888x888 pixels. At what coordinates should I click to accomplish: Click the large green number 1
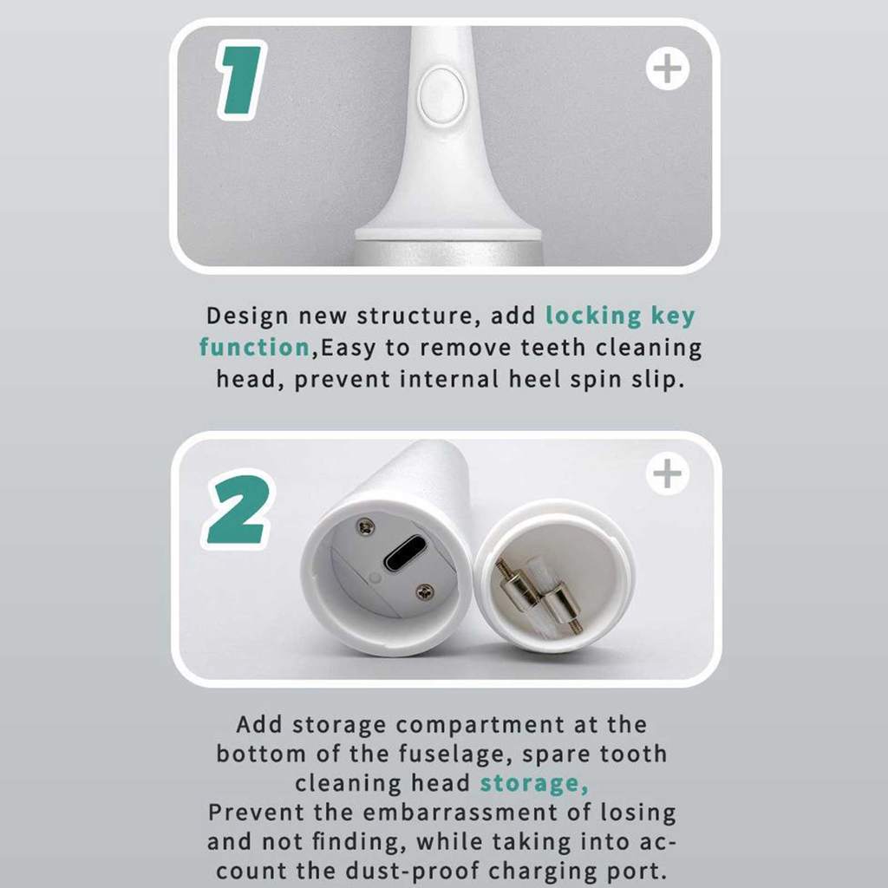tap(242, 80)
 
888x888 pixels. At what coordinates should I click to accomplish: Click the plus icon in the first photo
tap(668, 69)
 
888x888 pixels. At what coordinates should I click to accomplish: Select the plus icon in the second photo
tap(668, 473)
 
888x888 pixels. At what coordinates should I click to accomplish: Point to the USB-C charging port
tap(404, 553)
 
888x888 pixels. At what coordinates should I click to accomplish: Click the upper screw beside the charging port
tap(365, 526)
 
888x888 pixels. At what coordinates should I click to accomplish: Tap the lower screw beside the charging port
tap(425, 592)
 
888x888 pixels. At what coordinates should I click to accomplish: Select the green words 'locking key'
tap(620, 316)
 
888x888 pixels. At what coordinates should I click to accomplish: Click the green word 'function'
tap(254, 347)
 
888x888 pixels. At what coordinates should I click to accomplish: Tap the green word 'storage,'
tap(534, 784)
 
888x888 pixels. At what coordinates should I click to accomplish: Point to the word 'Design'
tap(247, 316)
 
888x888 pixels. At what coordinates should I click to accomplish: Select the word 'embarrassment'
tap(460, 813)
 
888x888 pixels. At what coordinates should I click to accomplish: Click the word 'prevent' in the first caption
tap(342, 380)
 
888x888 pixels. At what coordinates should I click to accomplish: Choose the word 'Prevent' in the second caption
tap(257, 813)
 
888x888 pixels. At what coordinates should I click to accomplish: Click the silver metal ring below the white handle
tap(448, 253)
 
